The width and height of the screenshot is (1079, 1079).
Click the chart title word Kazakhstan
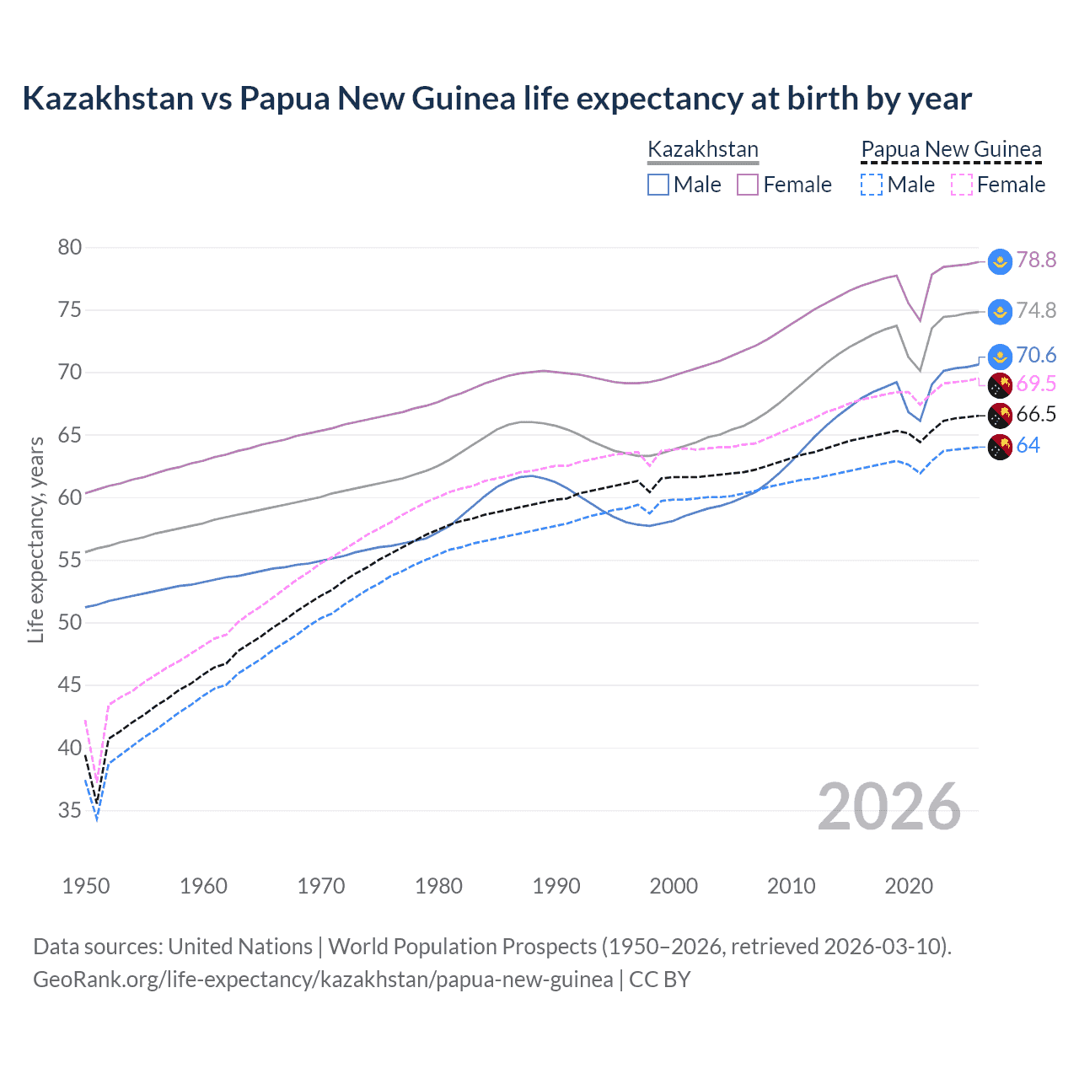(108, 99)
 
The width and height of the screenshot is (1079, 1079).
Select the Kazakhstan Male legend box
(658, 185)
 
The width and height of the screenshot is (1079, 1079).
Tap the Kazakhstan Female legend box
(748, 185)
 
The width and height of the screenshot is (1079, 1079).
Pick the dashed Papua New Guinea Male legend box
(872, 185)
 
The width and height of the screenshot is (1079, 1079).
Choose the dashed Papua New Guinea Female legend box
(962, 185)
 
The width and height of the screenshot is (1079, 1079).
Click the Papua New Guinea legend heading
(951, 149)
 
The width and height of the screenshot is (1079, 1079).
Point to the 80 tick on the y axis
(70, 247)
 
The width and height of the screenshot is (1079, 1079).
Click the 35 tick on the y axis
(70, 810)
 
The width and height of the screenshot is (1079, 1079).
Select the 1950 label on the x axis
(86, 886)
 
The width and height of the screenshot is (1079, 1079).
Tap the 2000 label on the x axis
(674, 886)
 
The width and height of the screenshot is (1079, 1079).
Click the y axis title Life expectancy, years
(35, 539)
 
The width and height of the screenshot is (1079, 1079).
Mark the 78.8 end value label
(1036, 260)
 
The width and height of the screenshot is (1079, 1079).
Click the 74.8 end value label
(1036, 310)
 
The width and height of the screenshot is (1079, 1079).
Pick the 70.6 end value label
(1036, 355)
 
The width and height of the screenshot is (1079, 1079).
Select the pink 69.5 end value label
(1036, 384)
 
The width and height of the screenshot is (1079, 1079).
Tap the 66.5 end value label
(1036, 414)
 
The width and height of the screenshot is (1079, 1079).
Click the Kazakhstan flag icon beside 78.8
(1000, 261)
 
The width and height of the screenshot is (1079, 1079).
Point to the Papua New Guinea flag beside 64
(1000, 447)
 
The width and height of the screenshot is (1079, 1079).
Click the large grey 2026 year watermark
(888, 807)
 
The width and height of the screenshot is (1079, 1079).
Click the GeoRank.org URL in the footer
(323, 980)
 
